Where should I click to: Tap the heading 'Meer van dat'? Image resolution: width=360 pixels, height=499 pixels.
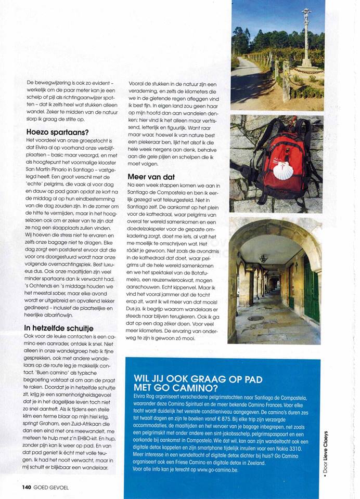[150, 177]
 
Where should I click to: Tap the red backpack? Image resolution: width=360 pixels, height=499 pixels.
[278, 156]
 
